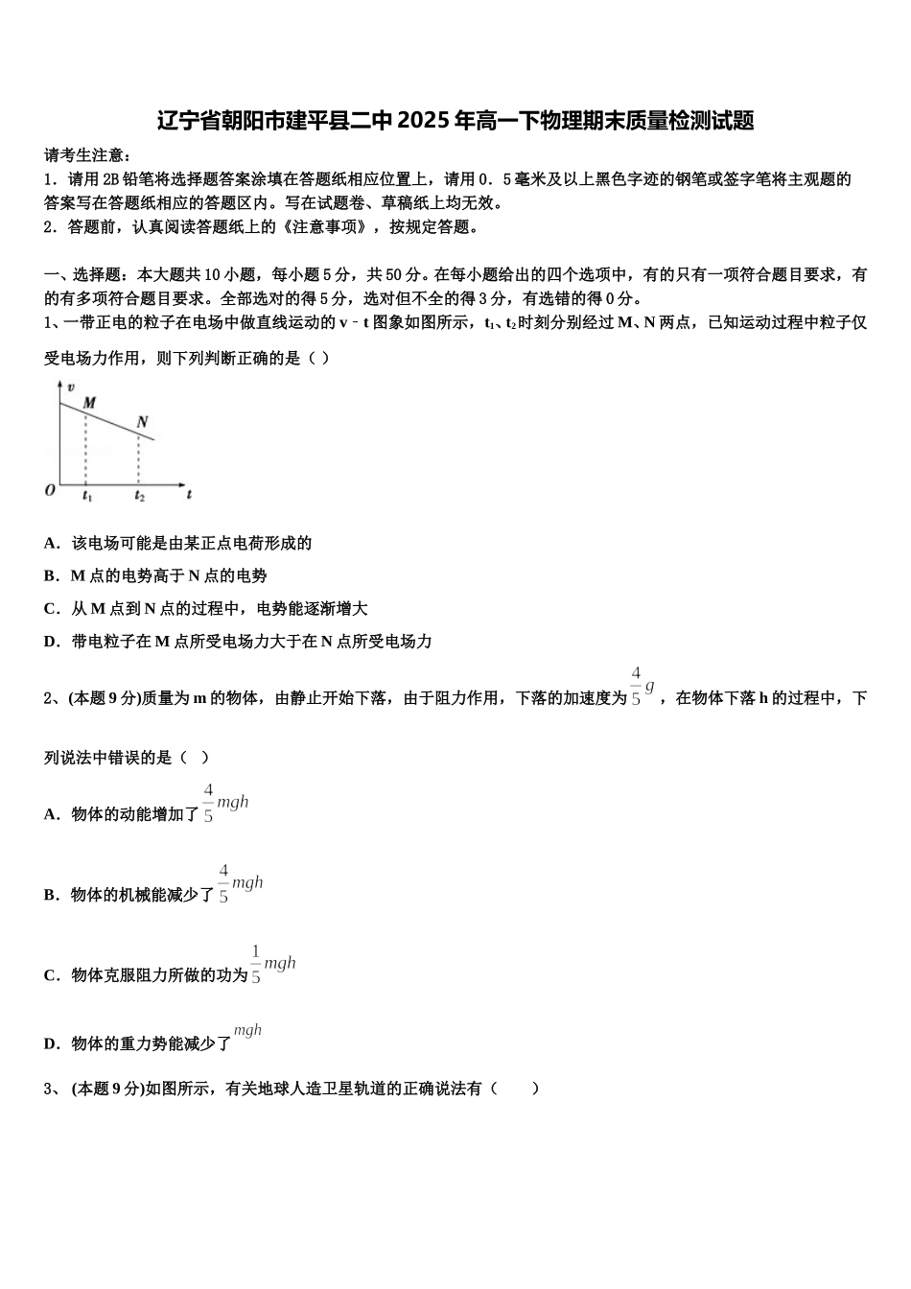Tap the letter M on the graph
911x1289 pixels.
tap(89, 403)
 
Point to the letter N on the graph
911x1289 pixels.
tap(142, 422)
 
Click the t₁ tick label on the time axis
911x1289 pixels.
tap(86, 496)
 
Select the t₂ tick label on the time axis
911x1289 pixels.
tap(139, 496)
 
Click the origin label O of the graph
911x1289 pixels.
tap(50, 490)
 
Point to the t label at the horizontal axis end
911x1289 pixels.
tap(189, 494)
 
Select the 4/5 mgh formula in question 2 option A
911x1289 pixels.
tap(225, 803)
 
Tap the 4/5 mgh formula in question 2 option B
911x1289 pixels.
tap(240, 883)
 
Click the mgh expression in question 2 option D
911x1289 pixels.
tap(247, 1031)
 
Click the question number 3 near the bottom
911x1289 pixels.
tap(49, 1089)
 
